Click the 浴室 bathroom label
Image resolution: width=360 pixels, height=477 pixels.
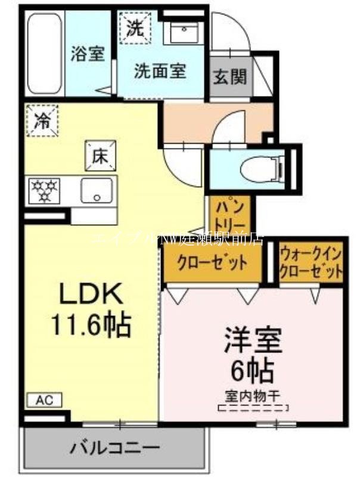pos(88,54)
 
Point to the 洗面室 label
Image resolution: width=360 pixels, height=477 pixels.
pos(159,72)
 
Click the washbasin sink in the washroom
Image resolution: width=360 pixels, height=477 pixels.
pos(185,31)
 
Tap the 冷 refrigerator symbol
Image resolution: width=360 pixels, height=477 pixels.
pos(42,120)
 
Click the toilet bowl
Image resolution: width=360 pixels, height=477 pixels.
pos(260,169)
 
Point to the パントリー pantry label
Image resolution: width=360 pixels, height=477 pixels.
pos(229,216)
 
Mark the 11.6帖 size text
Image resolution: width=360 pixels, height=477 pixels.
pos(91,325)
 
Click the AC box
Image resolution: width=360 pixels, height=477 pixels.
pos(43,400)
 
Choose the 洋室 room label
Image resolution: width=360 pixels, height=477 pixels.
pos(253,341)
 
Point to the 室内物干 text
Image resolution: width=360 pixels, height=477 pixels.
pos(253,395)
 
